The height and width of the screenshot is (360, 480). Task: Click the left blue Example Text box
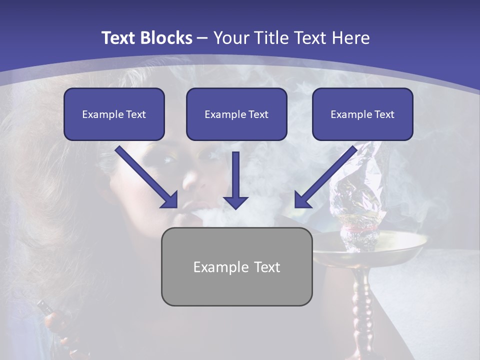(114, 114)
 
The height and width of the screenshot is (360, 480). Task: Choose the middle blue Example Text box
(236, 114)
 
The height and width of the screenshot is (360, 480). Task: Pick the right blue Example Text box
(362, 114)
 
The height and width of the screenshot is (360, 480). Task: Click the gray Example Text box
(236, 266)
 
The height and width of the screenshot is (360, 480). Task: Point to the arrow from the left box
(146, 177)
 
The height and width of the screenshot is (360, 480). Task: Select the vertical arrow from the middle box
(235, 180)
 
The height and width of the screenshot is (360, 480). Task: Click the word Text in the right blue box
(384, 114)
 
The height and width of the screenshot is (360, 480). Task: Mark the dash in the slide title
(202, 38)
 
